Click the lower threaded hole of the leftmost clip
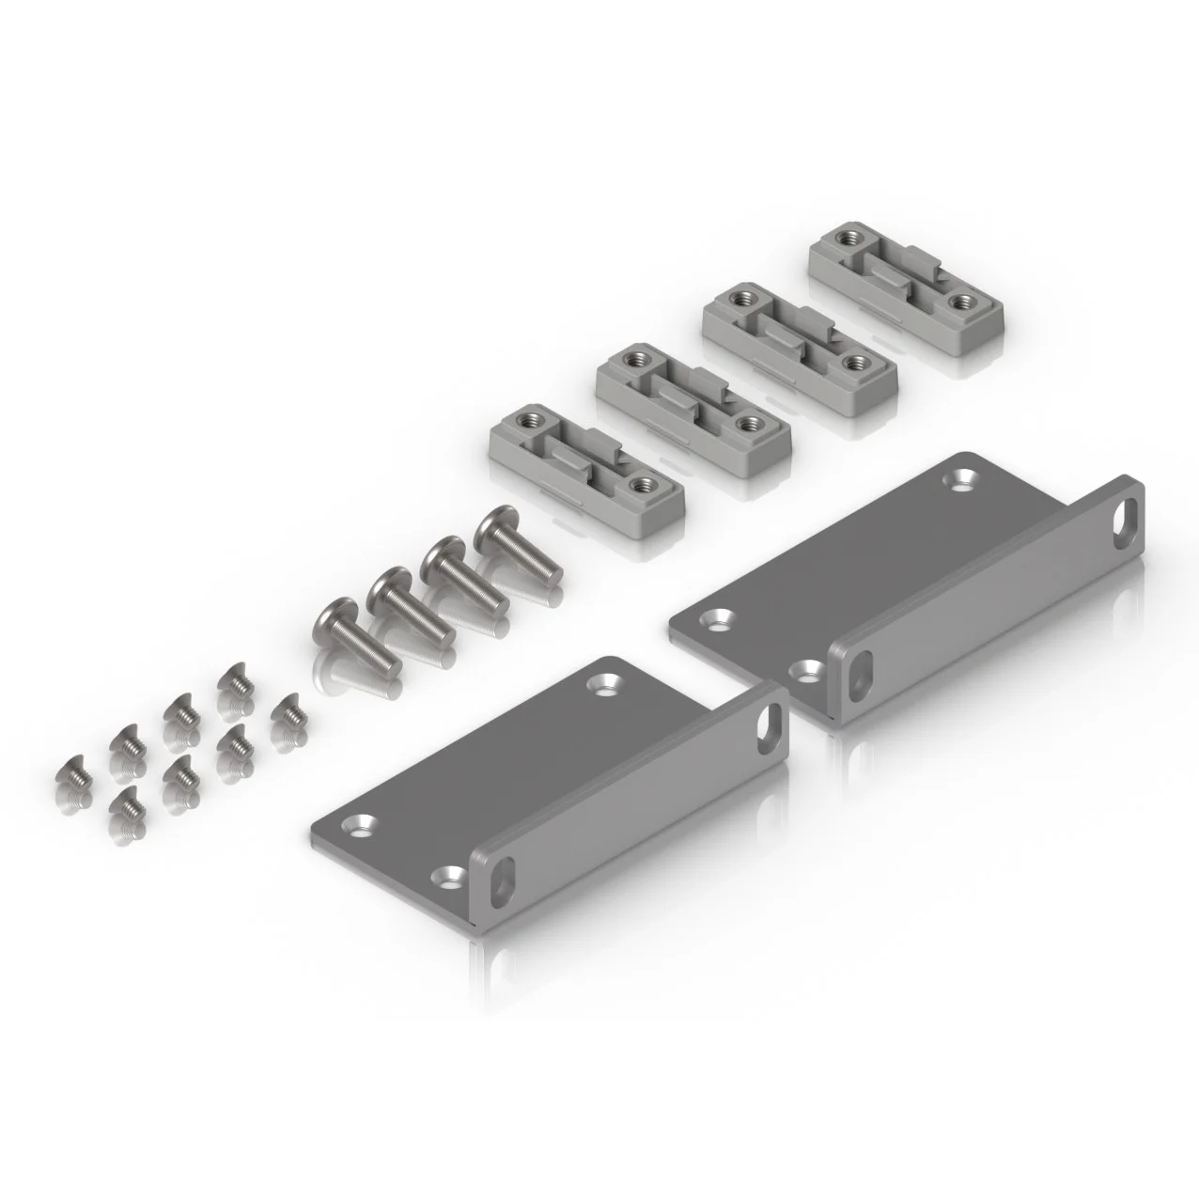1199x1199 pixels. [642, 486]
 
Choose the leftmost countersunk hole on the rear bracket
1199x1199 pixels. [721, 618]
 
